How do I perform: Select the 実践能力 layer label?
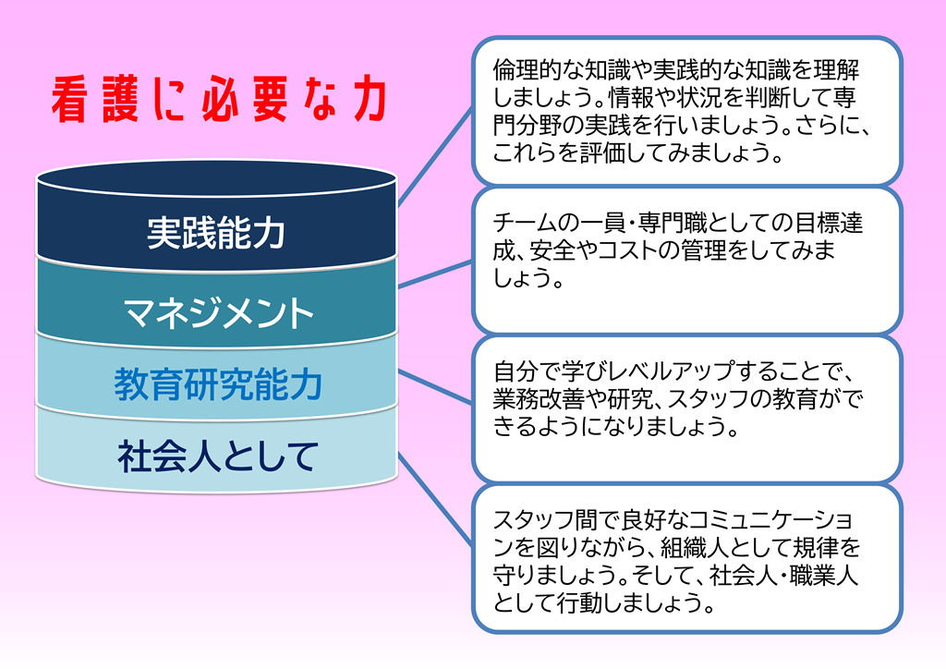click(216, 233)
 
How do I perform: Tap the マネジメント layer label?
click(218, 312)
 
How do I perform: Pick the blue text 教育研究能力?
click(218, 384)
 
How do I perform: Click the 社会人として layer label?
click(218, 456)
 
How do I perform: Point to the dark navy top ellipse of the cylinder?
click(216, 178)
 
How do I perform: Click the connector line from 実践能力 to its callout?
click(434, 157)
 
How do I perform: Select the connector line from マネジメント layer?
click(434, 274)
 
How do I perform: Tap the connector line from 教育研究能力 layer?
click(434, 387)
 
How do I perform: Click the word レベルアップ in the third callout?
click(671, 371)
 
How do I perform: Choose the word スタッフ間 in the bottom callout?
click(539, 519)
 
